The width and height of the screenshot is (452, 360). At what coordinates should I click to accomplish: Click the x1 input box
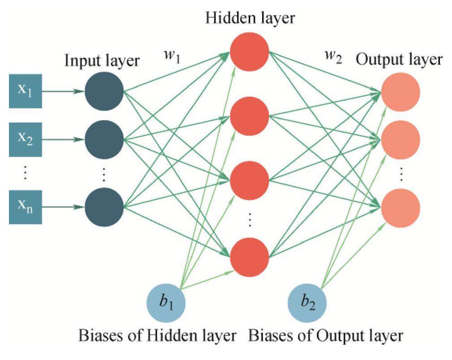26,91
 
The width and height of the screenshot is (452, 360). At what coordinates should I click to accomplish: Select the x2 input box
26,139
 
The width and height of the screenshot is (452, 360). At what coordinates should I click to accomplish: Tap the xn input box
26,207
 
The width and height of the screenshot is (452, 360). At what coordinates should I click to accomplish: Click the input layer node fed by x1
104,91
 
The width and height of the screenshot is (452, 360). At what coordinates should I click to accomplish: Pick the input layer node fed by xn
104,207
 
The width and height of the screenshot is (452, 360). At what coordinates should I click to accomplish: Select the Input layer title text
102,60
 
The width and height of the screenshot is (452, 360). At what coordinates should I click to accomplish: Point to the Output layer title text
399,60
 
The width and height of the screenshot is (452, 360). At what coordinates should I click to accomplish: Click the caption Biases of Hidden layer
157,335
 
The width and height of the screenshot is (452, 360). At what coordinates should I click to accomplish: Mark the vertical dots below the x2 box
25,172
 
